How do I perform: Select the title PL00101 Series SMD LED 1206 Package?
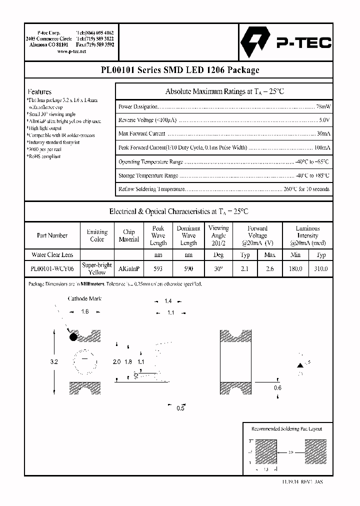tap(179, 70)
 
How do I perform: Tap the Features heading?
tap(39, 91)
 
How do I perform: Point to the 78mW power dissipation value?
tap(322, 107)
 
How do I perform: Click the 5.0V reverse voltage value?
tap(324, 120)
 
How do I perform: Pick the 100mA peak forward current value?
tap(322, 148)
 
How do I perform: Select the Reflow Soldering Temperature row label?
tap(152, 189)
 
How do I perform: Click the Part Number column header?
tap(52, 235)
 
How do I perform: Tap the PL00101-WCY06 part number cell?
tap(52, 268)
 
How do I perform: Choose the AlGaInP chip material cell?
tap(128, 268)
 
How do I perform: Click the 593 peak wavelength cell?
tap(158, 268)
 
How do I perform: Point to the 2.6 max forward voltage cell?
tap(269, 268)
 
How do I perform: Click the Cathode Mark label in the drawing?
tap(84, 299)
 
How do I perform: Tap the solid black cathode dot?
tap(73, 337)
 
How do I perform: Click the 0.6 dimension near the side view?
tap(277, 387)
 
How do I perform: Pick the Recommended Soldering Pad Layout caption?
tap(286, 429)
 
